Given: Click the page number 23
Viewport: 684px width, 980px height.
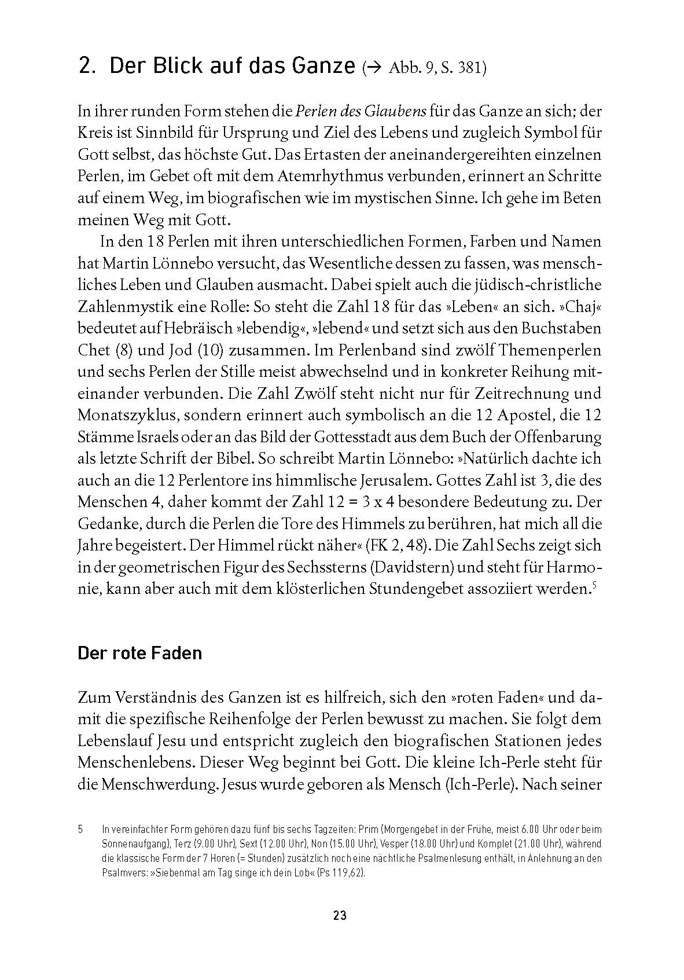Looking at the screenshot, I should point(339,916).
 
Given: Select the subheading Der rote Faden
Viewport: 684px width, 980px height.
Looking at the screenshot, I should point(139,653).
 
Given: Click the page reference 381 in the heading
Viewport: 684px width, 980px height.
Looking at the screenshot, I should point(469,69).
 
